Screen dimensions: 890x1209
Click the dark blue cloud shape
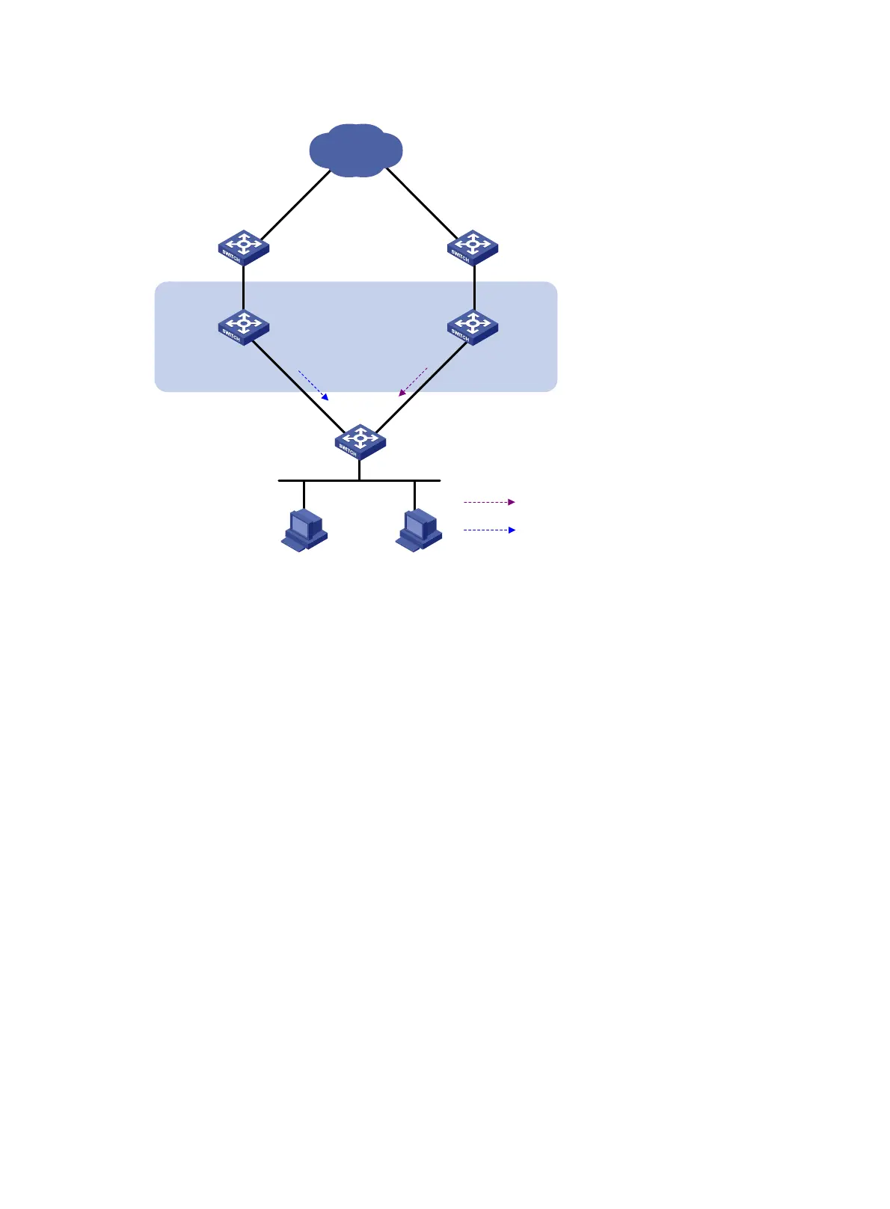point(356,150)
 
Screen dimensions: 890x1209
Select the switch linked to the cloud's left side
point(243,248)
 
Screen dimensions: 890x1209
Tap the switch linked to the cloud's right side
point(473,248)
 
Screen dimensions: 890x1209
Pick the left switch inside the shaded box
point(243,327)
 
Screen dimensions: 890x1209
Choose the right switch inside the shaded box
point(473,327)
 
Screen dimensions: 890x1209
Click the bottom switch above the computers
point(360,441)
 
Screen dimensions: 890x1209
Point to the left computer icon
point(304,530)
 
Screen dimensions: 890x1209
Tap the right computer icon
point(419,530)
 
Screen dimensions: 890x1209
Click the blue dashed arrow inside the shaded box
point(313,385)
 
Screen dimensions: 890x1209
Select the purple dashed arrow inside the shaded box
point(413,382)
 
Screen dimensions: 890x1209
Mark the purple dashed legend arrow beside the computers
point(489,502)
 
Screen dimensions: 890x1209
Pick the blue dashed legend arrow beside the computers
point(489,530)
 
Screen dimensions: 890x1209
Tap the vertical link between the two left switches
point(243,288)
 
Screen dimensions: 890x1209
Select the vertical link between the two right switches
point(474,288)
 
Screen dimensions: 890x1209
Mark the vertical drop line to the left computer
point(304,495)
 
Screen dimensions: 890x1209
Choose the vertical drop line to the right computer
point(414,495)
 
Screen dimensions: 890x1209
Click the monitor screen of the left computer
point(301,525)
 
